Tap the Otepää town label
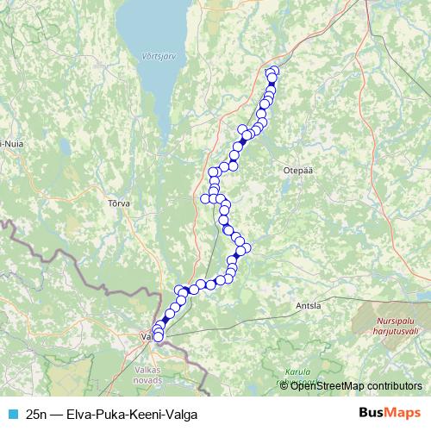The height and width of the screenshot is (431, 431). pos(295,171)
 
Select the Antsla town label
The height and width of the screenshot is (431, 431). pos(307,305)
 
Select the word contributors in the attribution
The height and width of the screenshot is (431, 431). pos(394,385)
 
